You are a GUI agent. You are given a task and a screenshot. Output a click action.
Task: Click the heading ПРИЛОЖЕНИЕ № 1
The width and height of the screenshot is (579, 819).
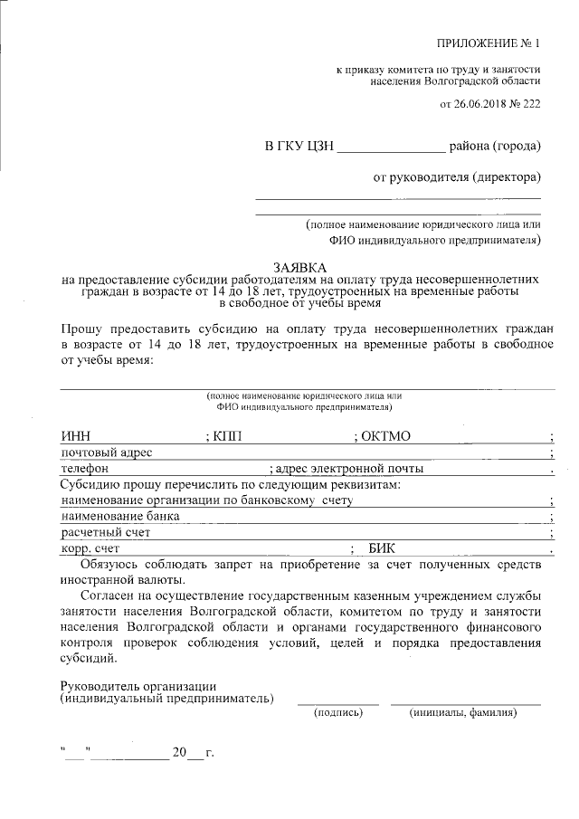pos(489,43)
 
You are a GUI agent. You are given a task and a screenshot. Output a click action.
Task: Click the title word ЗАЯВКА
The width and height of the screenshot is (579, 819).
pos(299,265)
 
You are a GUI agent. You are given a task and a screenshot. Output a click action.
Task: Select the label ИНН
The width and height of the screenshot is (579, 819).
pos(76,436)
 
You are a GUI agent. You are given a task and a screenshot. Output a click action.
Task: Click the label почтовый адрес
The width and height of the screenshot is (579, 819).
pos(106,452)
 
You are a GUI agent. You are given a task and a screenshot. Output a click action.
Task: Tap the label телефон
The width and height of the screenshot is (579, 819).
pos(85,469)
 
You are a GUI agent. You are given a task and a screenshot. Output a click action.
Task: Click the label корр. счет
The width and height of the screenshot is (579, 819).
pos(90,548)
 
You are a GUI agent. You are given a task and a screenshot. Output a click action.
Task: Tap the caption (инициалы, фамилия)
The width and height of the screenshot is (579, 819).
pos(463,713)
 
